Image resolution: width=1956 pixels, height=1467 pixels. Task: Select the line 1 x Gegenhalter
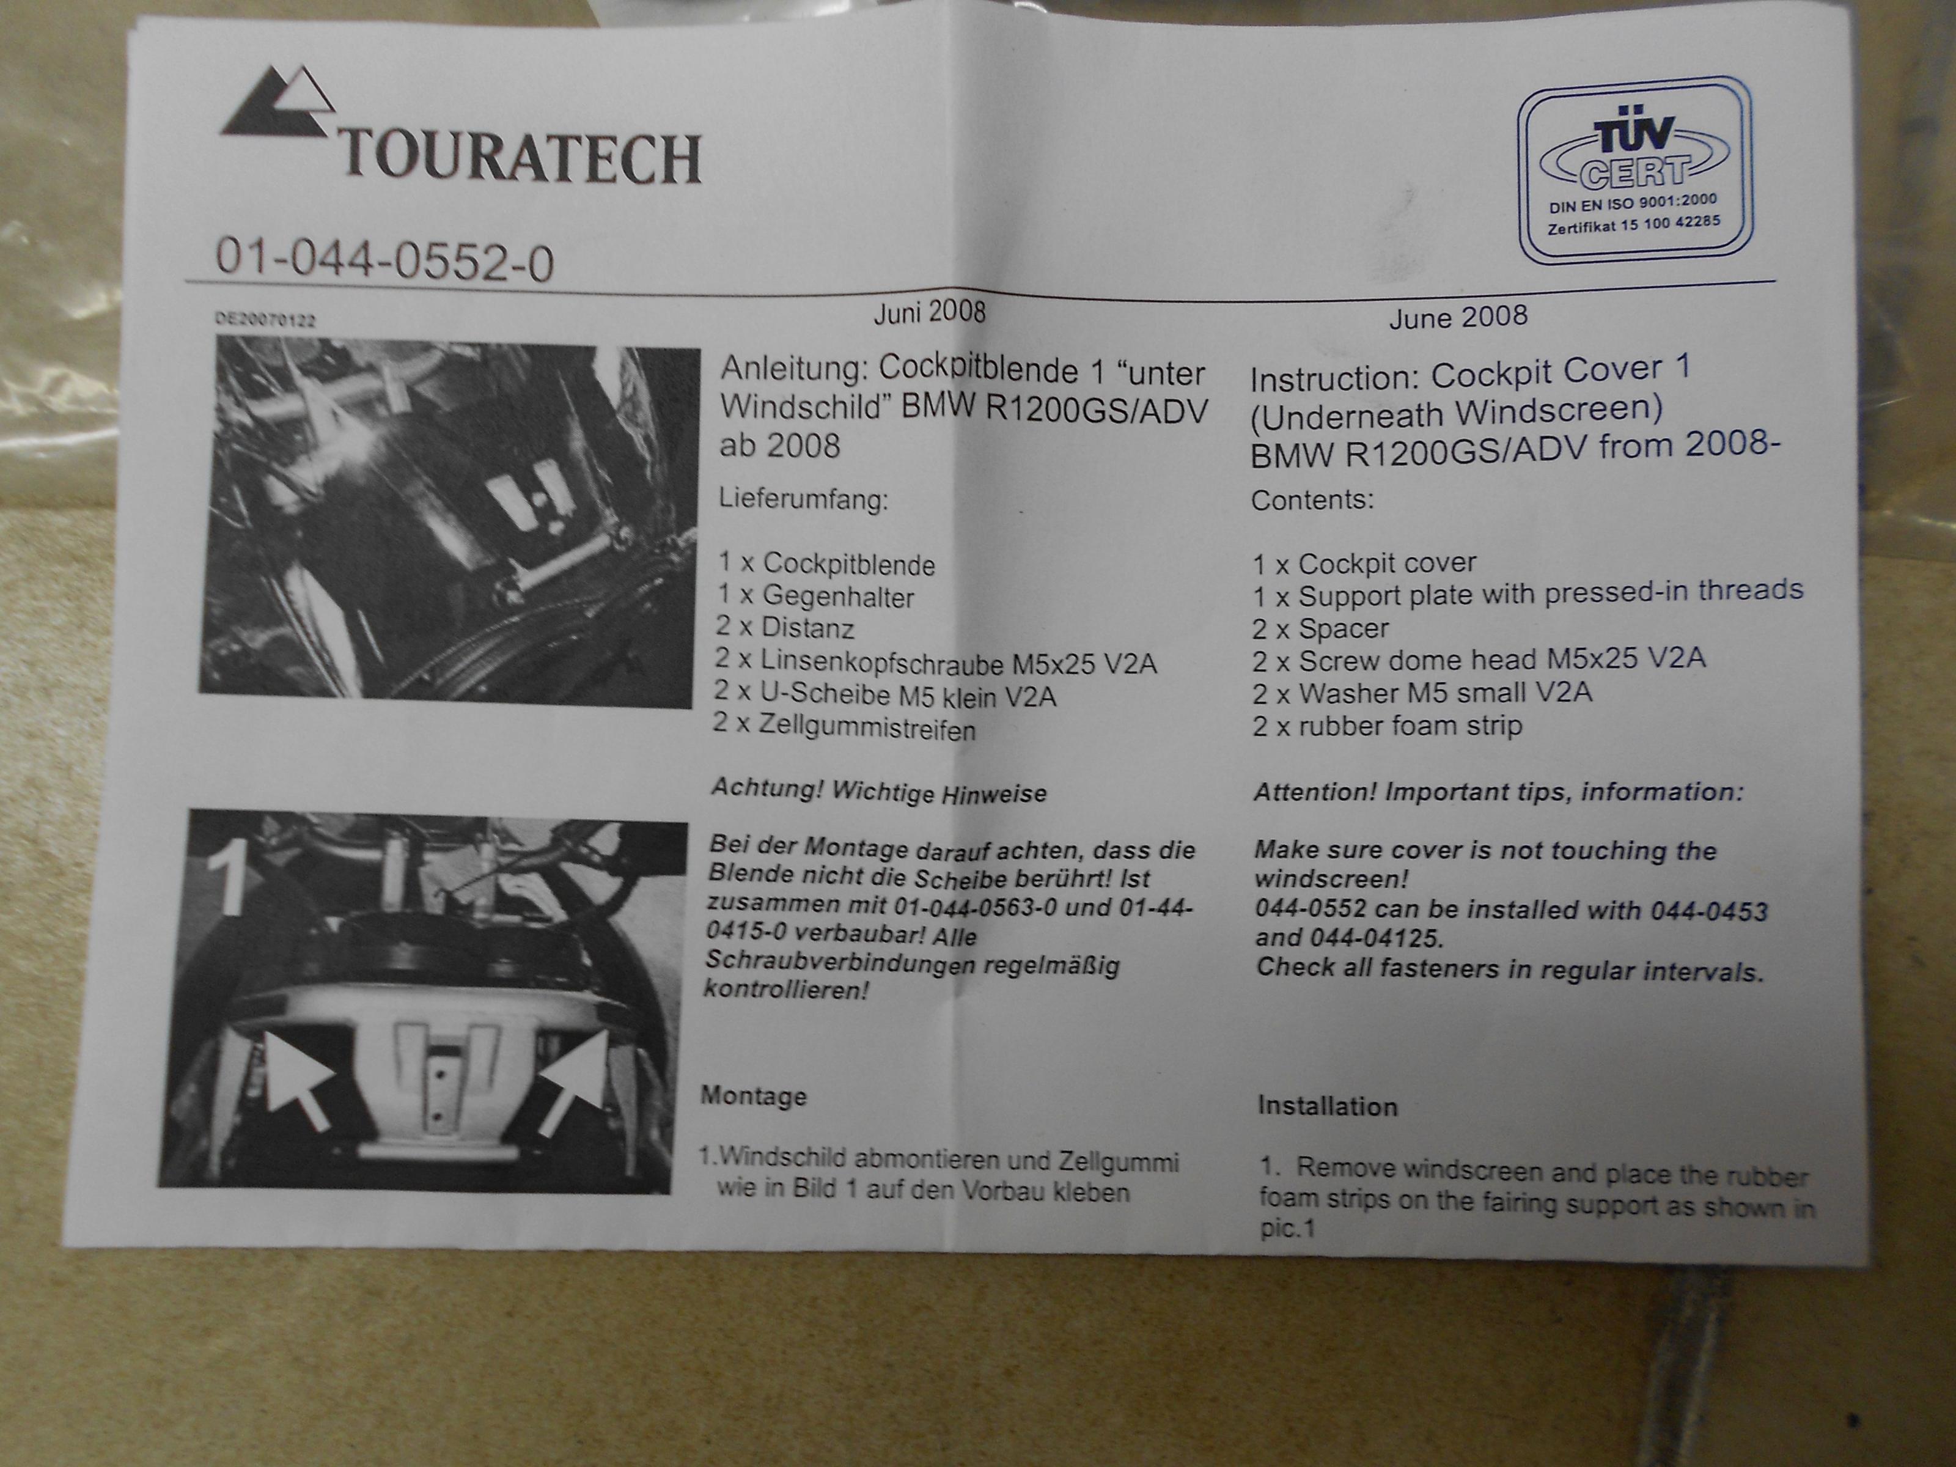[x=815, y=596]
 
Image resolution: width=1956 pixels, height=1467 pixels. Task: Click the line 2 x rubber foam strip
[x=1386, y=726]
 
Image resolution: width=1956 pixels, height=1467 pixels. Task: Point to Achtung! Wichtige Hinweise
[x=879, y=790]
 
